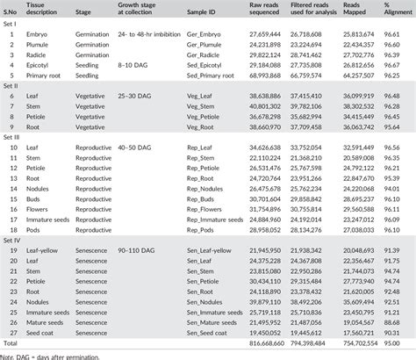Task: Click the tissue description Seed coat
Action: [46, 331]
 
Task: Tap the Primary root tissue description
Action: [48, 76]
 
